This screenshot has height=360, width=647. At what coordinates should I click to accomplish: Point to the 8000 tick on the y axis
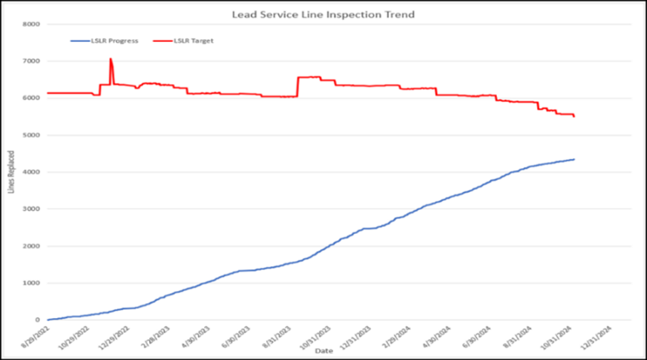[31, 24]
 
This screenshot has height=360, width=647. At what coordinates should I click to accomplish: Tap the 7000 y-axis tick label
[31, 61]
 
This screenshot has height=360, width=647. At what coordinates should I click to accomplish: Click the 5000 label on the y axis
[31, 135]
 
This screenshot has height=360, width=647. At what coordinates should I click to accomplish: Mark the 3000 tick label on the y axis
[31, 209]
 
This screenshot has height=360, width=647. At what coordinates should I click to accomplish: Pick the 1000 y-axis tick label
[31, 283]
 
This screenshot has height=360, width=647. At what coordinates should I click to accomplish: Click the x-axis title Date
[323, 351]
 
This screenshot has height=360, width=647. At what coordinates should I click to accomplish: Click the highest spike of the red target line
[110, 59]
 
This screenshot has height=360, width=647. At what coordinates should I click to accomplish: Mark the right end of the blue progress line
[574, 159]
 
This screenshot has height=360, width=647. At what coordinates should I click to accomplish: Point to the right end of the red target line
[574, 117]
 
